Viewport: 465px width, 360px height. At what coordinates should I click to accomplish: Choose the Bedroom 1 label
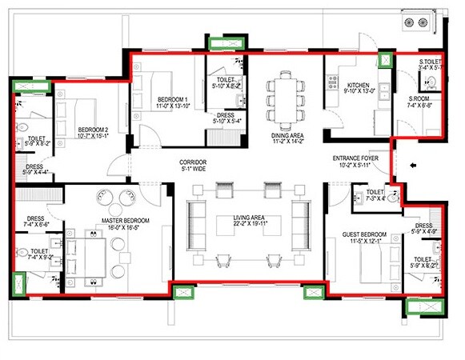(x=173, y=99)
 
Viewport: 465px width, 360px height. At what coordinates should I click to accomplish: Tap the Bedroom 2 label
(x=93, y=129)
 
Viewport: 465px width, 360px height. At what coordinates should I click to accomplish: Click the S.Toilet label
(x=433, y=61)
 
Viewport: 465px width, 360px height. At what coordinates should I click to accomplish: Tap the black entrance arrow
(x=411, y=166)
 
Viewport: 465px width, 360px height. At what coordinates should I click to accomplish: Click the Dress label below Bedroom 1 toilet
(x=225, y=114)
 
